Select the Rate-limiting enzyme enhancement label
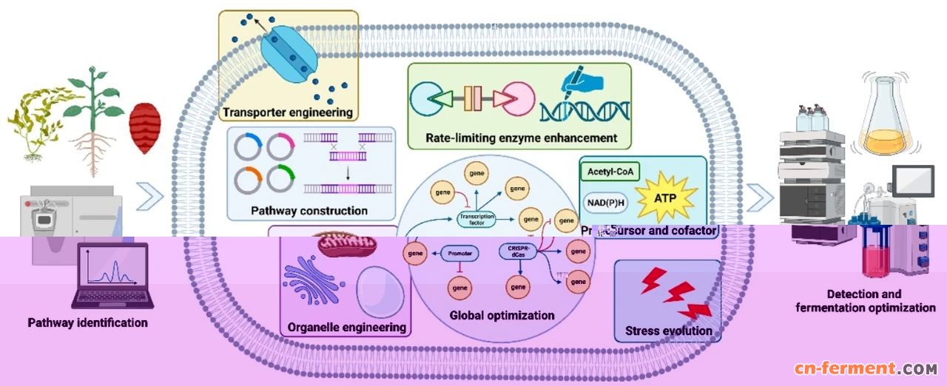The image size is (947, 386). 522,138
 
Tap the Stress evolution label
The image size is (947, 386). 668,331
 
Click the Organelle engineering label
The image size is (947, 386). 346,326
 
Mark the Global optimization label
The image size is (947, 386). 502,315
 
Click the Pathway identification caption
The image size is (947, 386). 88,323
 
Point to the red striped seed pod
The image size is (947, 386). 146,127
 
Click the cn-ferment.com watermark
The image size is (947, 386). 866,368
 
